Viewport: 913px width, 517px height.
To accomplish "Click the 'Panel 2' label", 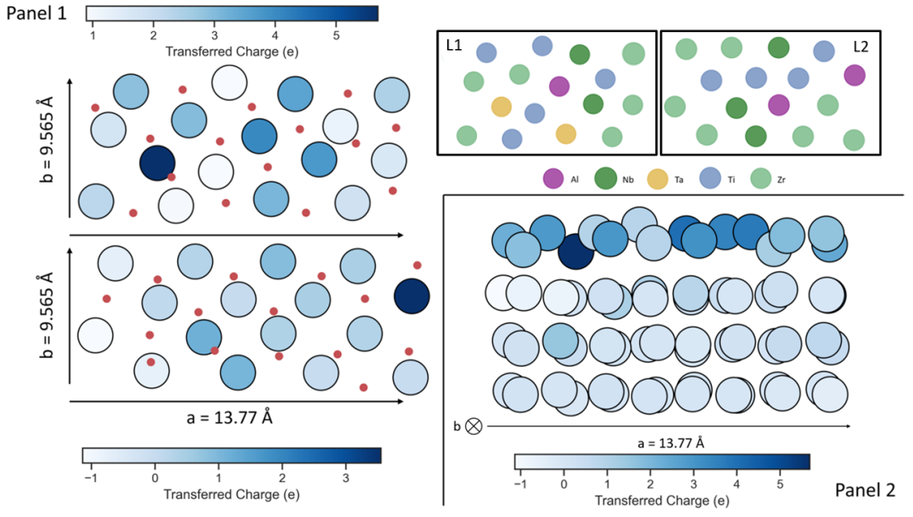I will (865, 489).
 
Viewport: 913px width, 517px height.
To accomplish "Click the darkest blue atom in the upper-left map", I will (157, 163).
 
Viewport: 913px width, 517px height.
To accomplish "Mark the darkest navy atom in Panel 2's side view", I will (576, 251).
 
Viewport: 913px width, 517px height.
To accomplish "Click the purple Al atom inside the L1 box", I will (559, 86).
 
